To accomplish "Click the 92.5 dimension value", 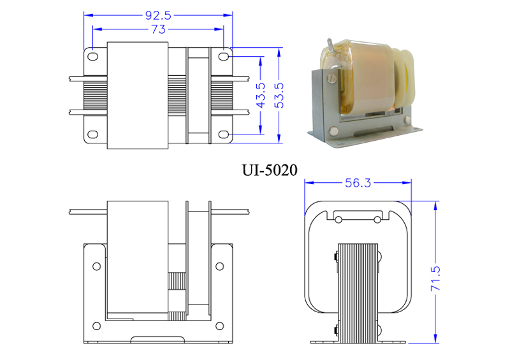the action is click(158, 15).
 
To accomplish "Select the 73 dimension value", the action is click(158, 29).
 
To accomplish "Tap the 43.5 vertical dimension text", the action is click(261, 95).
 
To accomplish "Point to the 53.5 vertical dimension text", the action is click(279, 96).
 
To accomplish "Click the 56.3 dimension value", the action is click(358, 183).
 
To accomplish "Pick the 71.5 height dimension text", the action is click(435, 278).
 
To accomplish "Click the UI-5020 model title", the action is click(270, 170).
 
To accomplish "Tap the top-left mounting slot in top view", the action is click(93, 57).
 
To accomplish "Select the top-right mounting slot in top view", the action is click(223, 57).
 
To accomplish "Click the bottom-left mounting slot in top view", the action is click(93, 134).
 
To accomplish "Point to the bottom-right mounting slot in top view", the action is click(223, 134).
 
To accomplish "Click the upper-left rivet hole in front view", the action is click(97, 266).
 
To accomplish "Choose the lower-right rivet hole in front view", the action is click(220, 326).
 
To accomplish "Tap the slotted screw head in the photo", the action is click(331, 78).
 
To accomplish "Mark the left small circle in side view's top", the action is click(339, 220).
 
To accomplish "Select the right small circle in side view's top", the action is click(377, 220).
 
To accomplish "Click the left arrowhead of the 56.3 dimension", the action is click(309, 183).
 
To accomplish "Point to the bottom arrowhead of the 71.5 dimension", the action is click(436, 338).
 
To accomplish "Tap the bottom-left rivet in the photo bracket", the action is click(333, 131).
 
